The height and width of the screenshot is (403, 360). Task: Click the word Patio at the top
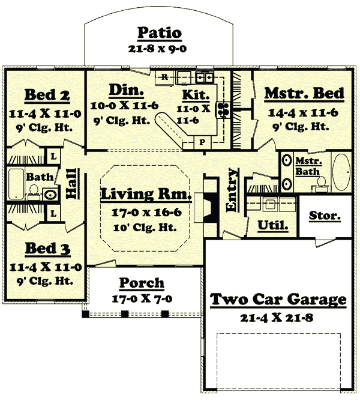(160, 32)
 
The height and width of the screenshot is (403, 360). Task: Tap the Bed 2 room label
(47, 95)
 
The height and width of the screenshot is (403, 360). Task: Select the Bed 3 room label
(47, 249)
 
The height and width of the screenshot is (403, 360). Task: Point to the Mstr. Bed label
(304, 94)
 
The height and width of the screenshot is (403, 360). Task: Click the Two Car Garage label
(277, 299)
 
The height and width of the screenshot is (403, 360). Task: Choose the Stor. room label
(325, 215)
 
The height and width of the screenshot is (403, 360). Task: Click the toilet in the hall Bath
(34, 192)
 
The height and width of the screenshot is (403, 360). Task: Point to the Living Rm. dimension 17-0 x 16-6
(146, 213)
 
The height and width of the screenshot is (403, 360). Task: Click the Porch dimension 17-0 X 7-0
(142, 298)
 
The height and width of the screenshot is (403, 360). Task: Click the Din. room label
(126, 91)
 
